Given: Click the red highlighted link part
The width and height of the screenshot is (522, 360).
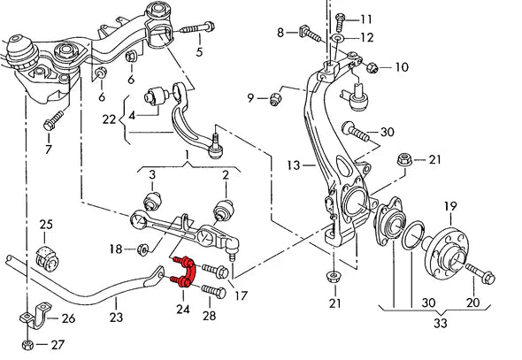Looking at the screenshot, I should [182, 272].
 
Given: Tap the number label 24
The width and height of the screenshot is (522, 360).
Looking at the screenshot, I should [183, 309].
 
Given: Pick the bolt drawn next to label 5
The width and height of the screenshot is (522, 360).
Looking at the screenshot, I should [194, 30].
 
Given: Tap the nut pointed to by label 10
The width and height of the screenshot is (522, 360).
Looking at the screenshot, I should [372, 65].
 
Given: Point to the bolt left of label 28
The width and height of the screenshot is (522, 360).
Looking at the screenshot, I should [213, 287].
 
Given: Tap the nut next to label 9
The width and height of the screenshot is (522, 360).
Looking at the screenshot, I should [276, 96].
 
